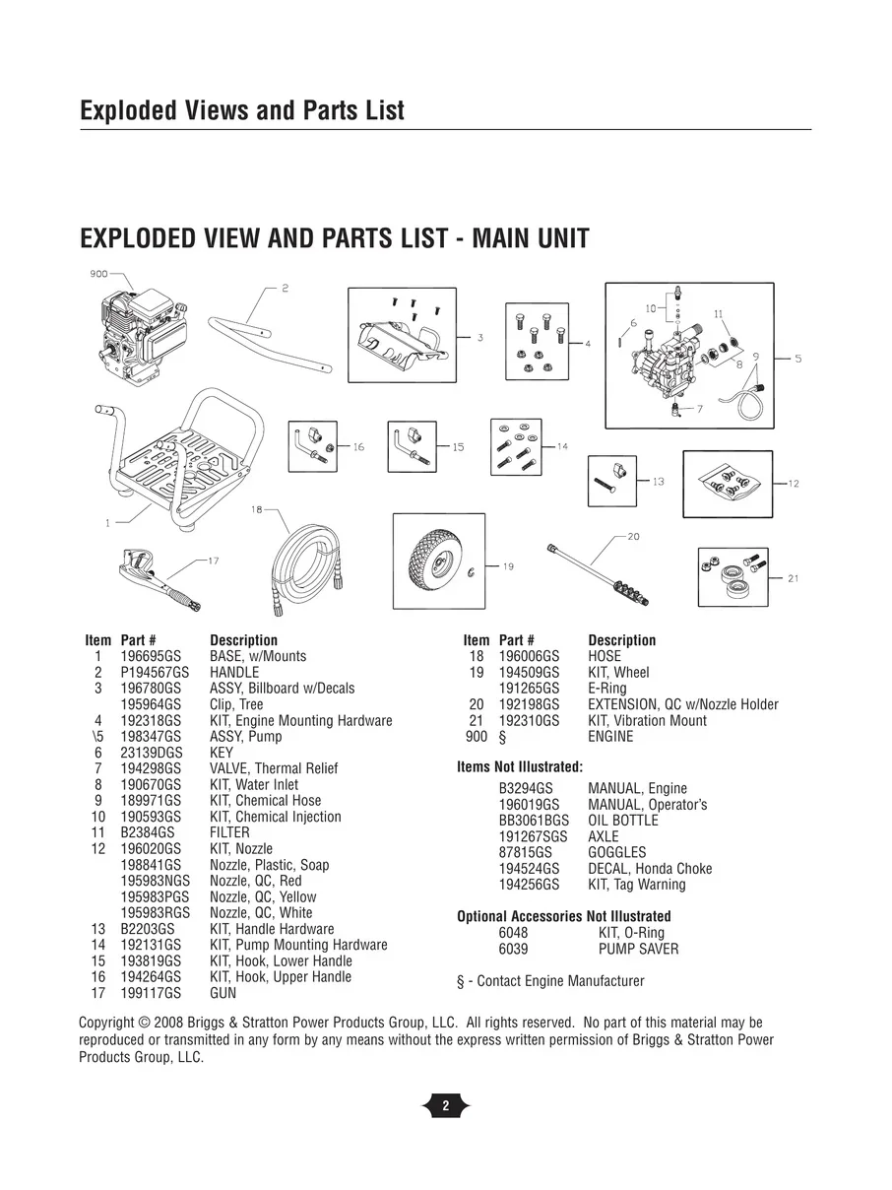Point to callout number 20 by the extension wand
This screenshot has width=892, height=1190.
pos(632,537)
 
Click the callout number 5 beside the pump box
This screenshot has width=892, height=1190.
pos(797,359)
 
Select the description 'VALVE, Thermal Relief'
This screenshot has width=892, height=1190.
pos(273,768)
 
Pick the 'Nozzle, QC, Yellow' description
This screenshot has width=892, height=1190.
pos(263,897)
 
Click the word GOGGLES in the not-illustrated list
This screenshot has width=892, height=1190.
pos(616,853)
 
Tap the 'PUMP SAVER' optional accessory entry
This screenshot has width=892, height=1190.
pos(638,950)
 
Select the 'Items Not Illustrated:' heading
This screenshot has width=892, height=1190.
pos(520,766)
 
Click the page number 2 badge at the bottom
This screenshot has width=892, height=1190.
pos(445,1106)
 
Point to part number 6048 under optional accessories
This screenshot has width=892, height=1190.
pos(513,933)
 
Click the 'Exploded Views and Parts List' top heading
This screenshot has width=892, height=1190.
pos(241,110)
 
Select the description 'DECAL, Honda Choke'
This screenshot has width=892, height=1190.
pos(650,869)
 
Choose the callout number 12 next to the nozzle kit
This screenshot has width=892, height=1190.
pos(794,484)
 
